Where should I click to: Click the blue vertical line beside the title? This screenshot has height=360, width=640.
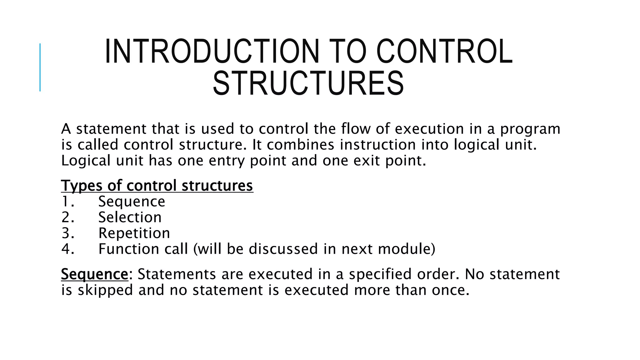[x=40, y=67]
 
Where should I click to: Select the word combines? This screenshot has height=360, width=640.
[x=300, y=145]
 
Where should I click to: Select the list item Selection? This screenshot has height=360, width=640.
[x=130, y=217]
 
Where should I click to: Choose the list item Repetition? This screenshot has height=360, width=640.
[x=134, y=233]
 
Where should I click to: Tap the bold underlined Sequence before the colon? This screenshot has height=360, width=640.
[x=94, y=274]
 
